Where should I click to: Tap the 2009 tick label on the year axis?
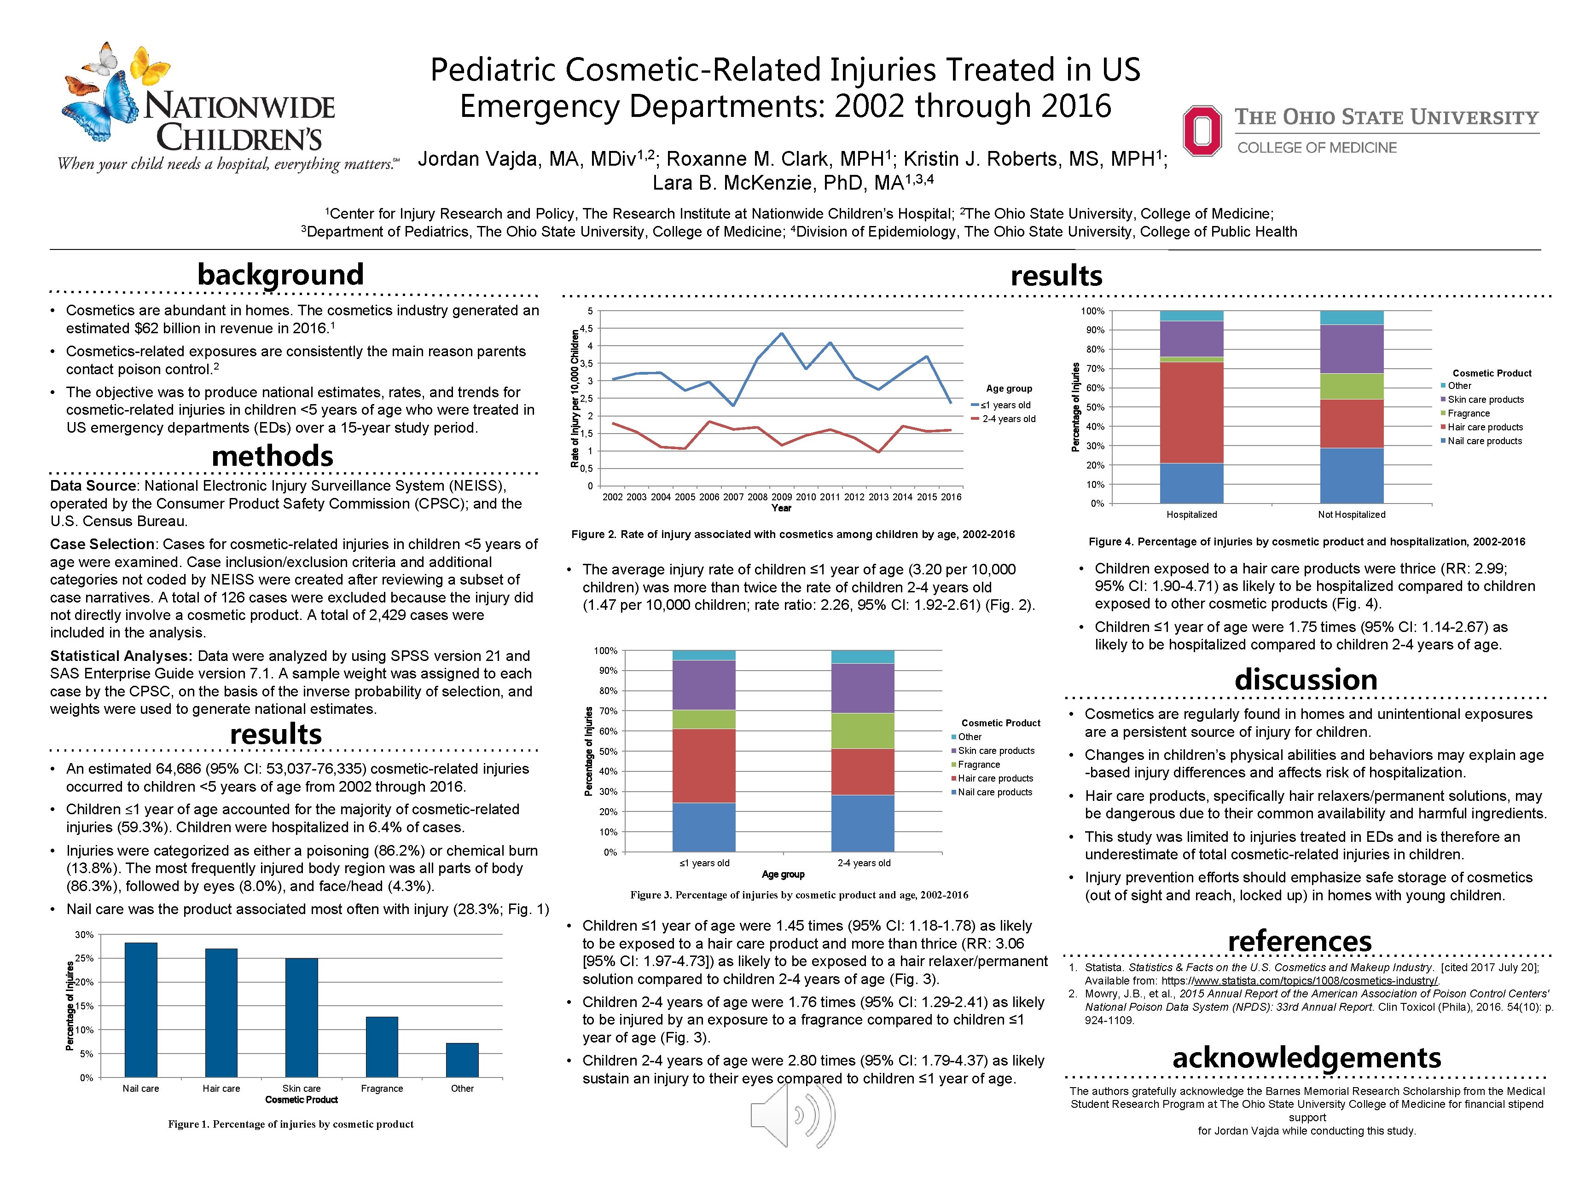pyautogui.click(x=781, y=497)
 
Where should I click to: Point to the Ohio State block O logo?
pyautogui.click(x=1202, y=130)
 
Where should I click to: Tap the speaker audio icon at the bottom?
pyautogui.click(x=791, y=1115)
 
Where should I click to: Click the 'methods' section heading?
pyautogui.click(x=272, y=456)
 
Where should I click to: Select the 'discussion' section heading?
pyautogui.click(x=1306, y=679)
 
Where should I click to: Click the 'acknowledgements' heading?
pyautogui.click(x=1306, y=1057)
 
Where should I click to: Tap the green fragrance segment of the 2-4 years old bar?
pyautogui.click(x=862, y=730)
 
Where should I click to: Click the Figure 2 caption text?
pyautogui.click(x=793, y=534)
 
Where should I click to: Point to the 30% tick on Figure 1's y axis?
pyautogui.click(x=85, y=935)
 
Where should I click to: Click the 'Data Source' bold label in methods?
pyautogui.click(x=93, y=486)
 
